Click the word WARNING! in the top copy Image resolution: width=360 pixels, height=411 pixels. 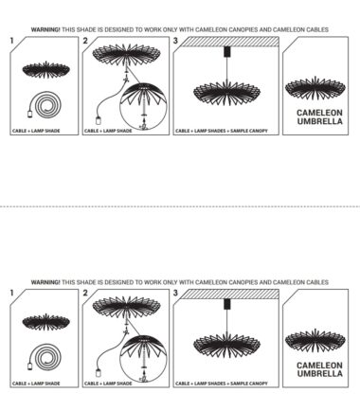[x=45, y=29]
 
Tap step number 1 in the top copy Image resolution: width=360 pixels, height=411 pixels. [x=12, y=41]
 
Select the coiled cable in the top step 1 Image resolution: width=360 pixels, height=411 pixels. [x=45, y=104]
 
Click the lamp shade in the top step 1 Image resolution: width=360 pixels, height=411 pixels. [x=45, y=70]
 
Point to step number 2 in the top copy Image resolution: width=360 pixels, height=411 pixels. [x=85, y=41]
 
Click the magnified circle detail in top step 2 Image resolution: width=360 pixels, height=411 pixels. [x=143, y=106]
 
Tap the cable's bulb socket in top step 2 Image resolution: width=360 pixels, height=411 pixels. [x=99, y=120]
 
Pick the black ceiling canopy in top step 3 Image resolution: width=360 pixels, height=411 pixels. [x=226, y=52]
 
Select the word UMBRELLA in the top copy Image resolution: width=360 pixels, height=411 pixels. [x=319, y=121]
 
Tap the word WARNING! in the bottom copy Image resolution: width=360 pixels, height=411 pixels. [x=45, y=282]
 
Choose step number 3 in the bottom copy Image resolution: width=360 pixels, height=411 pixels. [x=175, y=293]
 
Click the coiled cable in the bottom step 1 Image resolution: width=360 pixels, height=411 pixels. [x=45, y=357]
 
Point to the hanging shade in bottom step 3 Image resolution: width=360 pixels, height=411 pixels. [x=226, y=344]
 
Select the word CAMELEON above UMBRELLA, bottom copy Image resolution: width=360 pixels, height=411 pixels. [x=319, y=366]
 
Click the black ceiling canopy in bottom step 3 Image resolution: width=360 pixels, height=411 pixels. [x=226, y=304]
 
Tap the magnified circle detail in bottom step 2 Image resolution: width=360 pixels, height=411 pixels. [x=143, y=359]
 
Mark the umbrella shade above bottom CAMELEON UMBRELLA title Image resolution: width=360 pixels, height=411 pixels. [x=315, y=340]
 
